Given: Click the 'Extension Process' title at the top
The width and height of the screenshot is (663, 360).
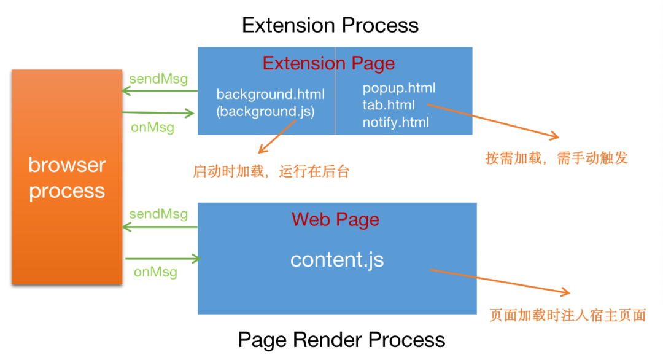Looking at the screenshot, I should tap(330, 25).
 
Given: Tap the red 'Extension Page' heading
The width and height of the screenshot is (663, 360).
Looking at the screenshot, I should tap(328, 63).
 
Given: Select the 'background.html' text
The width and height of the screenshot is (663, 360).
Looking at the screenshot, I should tap(270, 95).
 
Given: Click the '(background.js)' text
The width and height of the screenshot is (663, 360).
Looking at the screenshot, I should tap(266, 112).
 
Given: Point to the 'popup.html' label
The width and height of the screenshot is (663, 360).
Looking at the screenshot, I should tap(398, 88).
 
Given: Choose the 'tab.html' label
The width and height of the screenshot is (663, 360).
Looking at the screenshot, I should tap(389, 105).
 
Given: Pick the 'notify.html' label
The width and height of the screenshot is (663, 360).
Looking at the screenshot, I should tap(395, 122).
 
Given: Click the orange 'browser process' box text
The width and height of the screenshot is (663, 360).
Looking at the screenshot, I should tap(67, 178).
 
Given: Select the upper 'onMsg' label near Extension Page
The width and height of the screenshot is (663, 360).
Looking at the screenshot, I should tap(152, 128).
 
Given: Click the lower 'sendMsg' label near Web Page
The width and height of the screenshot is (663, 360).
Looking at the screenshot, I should tap(158, 214).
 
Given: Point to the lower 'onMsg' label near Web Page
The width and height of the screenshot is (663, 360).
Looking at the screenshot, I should tap(155, 272).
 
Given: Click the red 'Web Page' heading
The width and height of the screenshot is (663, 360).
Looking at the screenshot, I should tap(335, 219).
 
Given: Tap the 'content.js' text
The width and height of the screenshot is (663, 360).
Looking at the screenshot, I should tap(337, 259).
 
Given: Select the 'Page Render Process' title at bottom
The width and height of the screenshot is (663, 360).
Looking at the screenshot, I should tap(341, 340).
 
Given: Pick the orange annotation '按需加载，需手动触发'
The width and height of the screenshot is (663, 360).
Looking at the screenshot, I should tap(556, 158).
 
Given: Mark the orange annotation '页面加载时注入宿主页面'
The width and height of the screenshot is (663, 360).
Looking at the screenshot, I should tap(568, 316).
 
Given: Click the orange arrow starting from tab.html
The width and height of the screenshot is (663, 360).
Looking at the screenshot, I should tap(491, 120).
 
